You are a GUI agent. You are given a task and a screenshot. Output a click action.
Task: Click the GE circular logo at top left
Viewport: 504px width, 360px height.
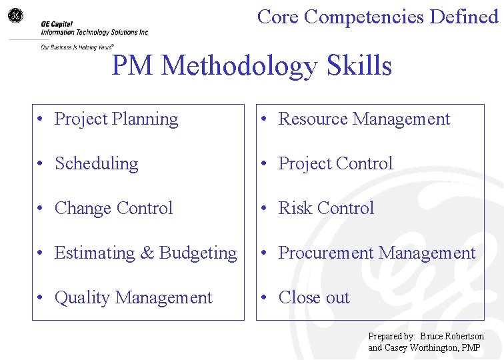(15, 14)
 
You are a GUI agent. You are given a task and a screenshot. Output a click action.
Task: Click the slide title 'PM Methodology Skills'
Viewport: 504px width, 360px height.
(251, 66)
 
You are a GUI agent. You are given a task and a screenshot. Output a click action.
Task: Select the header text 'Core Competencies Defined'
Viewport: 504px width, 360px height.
(377, 16)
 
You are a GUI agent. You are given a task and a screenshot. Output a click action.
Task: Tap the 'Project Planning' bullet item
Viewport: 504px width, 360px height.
(116, 119)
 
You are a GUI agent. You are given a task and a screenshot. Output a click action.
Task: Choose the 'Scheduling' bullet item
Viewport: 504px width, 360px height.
(96, 164)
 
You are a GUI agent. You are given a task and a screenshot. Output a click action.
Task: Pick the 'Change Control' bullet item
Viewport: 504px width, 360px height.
(113, 209)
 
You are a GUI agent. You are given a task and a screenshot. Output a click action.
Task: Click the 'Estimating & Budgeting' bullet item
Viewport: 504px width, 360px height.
(145, 253)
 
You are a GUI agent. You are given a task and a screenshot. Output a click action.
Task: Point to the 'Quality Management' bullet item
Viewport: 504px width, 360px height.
(133, 298)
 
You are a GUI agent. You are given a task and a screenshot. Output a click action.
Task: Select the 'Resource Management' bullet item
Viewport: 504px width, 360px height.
(364, 119)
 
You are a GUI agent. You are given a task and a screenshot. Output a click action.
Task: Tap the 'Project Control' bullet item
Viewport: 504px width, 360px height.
(335, 164)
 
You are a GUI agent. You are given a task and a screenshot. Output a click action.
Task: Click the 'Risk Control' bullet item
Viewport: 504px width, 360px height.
(326, 209)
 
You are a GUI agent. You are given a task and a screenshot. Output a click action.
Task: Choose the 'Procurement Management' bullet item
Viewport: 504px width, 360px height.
(377, 253)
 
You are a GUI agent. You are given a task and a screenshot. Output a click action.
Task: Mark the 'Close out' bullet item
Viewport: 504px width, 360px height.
(313, 298)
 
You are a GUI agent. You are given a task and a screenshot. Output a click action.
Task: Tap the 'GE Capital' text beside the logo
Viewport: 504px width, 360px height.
(57, 23)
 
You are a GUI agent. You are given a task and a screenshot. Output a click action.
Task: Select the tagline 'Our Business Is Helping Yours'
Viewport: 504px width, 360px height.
(76, 47)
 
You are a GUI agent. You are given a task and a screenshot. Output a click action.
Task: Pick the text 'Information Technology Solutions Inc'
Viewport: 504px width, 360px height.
(94, 32)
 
